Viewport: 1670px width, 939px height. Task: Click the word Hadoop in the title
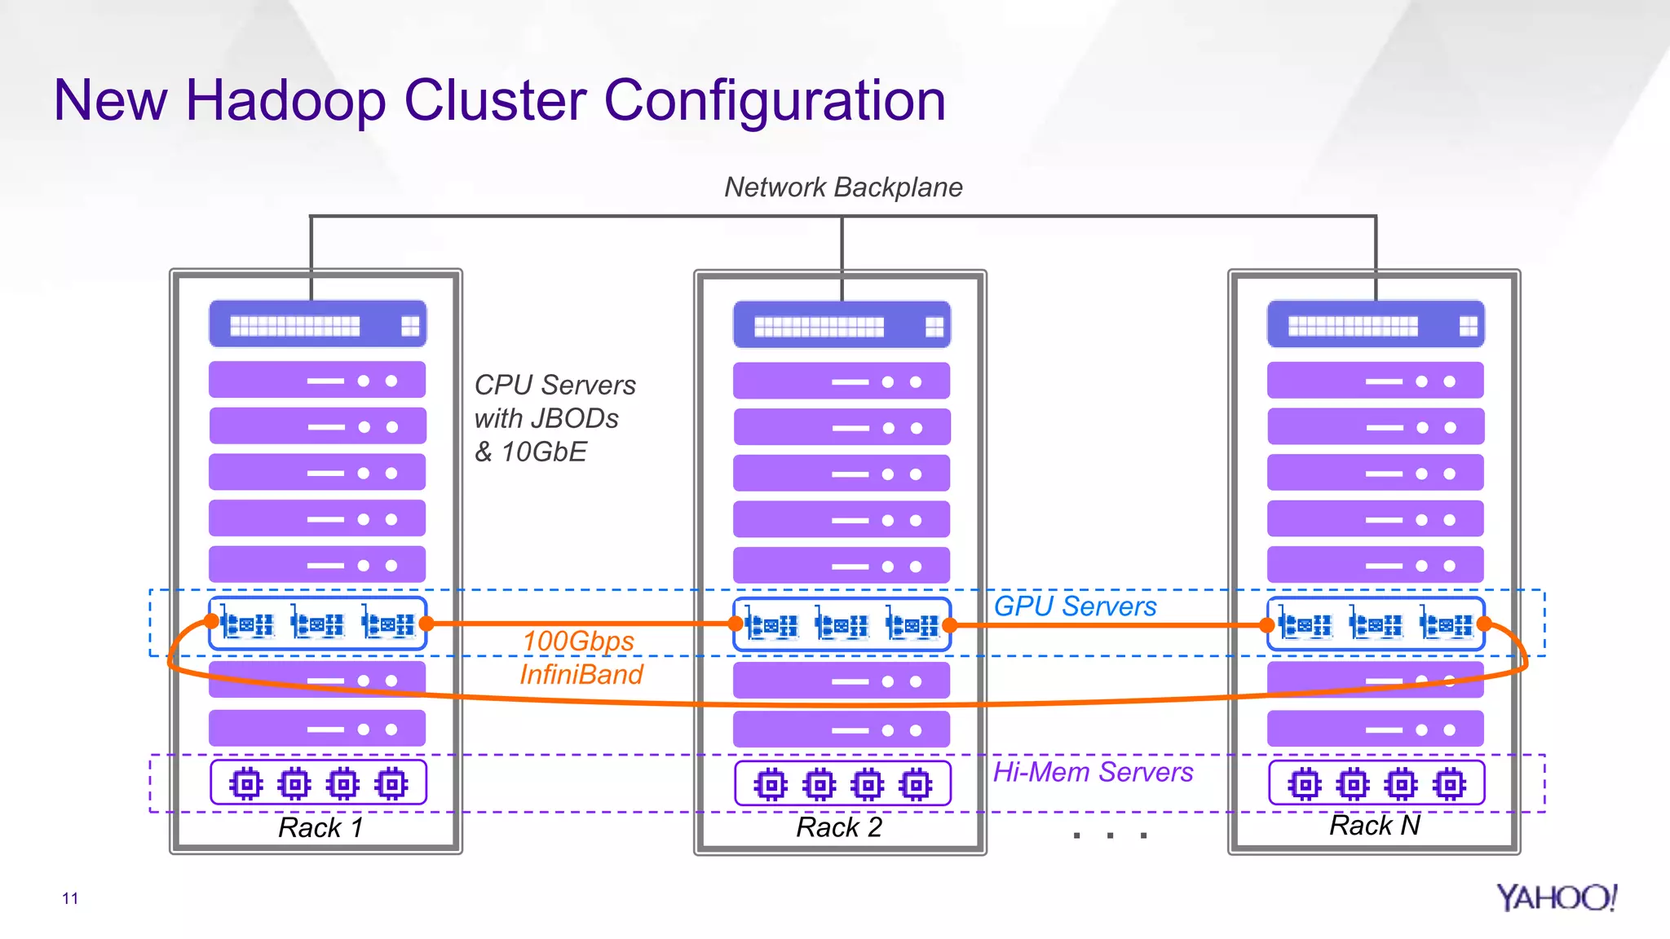pos(285,101)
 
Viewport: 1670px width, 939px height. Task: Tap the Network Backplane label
pos(843,187)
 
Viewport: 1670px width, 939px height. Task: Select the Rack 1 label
pos(320,828)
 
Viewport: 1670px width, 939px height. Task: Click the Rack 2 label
pos(839,827)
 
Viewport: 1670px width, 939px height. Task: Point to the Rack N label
pos(1375,826)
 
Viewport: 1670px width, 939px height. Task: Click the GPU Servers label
pos(1075,606)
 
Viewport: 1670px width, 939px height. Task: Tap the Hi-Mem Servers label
pos(1093,772)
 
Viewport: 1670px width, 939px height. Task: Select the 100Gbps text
pos(578,641)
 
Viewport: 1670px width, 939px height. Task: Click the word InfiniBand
pos(581,675)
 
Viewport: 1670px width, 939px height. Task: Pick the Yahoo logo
pos(1556,897)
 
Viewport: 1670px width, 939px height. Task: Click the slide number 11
pos(70,898)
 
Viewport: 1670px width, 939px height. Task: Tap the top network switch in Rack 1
pos(317,324)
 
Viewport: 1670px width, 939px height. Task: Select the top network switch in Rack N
pos(1376,324)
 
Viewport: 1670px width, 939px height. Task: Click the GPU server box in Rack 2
pos(842,625)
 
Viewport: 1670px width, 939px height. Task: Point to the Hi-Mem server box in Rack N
pos(1376,784)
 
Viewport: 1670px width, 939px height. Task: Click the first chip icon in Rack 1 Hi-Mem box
pos(246,784)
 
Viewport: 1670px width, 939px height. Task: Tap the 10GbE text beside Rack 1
pos(543,452)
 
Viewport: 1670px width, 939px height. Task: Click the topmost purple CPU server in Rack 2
pos(841,381)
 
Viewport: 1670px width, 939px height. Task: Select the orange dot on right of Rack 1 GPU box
pos(426,624)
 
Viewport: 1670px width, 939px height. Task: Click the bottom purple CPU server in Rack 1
pos(317,729)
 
